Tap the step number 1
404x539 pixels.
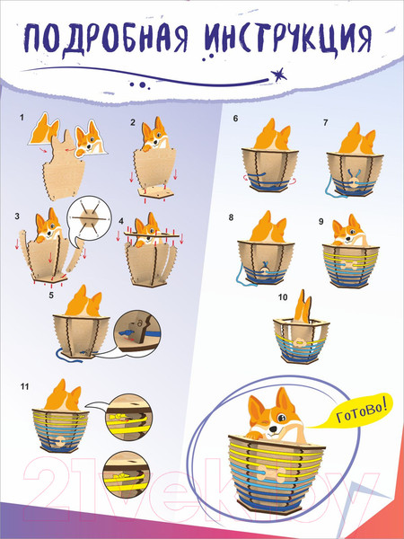(22, 118)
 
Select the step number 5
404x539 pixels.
(51, 295)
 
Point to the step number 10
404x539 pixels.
(283, 296)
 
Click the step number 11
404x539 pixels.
(24, 386)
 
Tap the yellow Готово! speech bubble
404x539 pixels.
(357, 411)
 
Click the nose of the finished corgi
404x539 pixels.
(273, 429)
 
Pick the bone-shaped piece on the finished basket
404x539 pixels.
(272, 473)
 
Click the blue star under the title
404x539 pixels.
(278, 75)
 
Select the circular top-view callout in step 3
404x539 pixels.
(90, 217)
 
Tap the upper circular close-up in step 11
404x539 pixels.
(128, 418)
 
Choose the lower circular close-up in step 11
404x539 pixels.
(127, 473)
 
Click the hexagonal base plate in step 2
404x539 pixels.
(156, 194)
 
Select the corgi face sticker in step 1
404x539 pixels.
(91, 138)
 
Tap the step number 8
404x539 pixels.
(231, 217)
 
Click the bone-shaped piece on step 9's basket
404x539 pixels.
(348, 265)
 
